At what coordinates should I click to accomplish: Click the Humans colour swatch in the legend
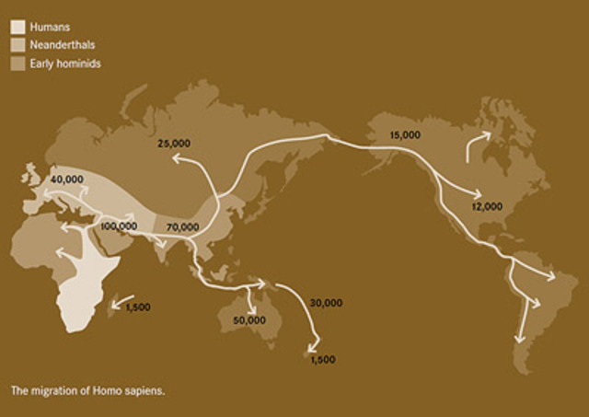point(17,28)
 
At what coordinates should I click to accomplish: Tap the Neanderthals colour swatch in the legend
point(17,44)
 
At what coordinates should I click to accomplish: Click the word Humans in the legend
point(46,28)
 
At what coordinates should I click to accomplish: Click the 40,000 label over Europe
point(68,179)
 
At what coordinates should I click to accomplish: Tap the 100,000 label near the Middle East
point(120,226)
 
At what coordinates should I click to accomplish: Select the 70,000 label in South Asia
point(183,226)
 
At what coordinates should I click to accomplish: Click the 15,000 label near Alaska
point(405,134)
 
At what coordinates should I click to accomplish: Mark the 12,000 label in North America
point(488,205)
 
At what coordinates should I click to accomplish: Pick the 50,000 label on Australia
point(249,319)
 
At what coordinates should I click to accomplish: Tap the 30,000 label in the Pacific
point(327,302)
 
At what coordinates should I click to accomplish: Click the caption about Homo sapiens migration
point(87,390)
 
